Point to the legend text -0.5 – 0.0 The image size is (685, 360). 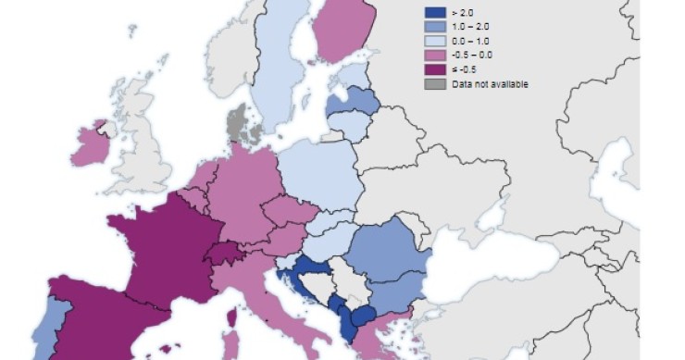pyautogui.click(x=471, y=56)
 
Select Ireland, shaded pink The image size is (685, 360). pyautogui.click(x=89, y=148)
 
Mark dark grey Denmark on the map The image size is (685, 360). pyautogui.click(x=243, y=126)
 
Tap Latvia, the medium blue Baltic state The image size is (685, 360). pyautogui.click(x=355, y=100)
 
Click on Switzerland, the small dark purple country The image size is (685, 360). pyautogui.click(x=223, y=252)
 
